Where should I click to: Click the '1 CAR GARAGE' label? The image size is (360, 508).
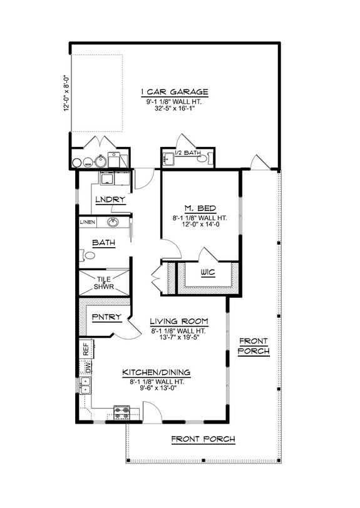point(174,92)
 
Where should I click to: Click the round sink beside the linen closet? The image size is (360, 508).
point(113,223)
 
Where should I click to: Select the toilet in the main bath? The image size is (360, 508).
point(88,255)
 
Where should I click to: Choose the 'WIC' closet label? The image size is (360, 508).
point(208,273)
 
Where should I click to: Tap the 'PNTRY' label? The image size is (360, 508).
point(103,317)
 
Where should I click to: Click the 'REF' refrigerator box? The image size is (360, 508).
point(85,349)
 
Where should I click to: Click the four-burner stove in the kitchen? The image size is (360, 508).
point(121,412)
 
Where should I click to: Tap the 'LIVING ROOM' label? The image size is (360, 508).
point(179,322)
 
